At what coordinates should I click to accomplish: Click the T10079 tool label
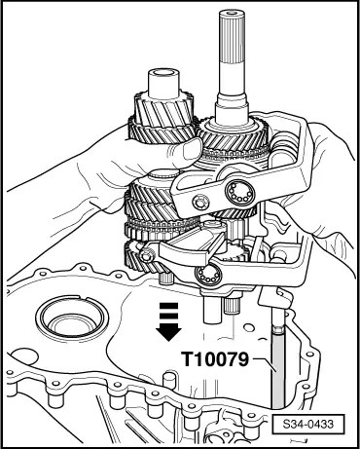(215, 359)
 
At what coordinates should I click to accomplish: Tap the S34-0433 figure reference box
(307, 424)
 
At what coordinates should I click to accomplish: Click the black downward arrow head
(168, 334)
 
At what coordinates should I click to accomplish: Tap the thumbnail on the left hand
(191, 150)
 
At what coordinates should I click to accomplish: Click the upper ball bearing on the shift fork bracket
(240, 193)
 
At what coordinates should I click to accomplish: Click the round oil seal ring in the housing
(72, 318)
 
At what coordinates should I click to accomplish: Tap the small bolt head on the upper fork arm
(198, 203)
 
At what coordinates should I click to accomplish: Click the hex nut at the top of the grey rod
(278, 330)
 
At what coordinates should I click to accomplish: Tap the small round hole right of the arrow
(249, 326)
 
